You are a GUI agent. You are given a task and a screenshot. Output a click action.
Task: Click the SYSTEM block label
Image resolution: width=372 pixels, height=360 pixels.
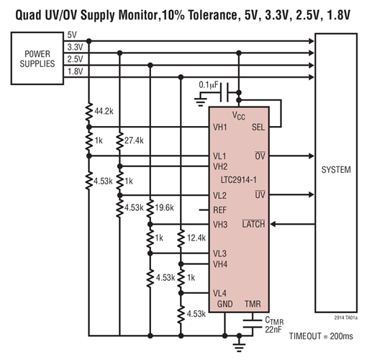pyautogui.click(x=335, y=171)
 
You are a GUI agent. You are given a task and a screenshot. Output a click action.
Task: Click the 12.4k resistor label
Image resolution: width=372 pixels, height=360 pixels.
pyautogui.click(x=195, y=238)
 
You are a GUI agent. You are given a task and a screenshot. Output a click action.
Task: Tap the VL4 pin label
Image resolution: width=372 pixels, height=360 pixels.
pyautogui.click(x=219, y=292)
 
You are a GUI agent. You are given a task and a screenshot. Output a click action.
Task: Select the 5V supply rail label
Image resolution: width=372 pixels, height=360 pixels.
pyautogui.click(x=72, y=35)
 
